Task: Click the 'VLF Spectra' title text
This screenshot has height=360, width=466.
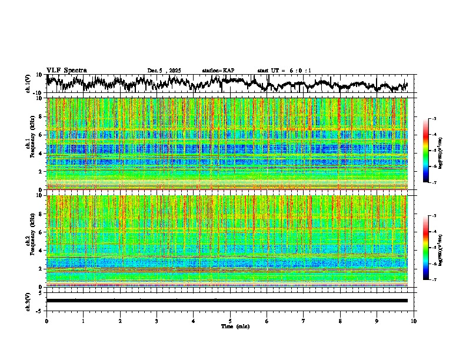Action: [66, 70]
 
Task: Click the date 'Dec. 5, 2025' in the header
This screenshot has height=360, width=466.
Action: [164, 71]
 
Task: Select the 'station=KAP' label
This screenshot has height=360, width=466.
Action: [218, 71]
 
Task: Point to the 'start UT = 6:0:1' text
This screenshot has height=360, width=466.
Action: [284, 71]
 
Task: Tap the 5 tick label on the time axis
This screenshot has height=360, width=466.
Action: [230, 321]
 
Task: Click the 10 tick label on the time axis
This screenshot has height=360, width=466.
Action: [414, 321]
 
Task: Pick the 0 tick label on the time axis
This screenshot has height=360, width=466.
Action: [46, 321]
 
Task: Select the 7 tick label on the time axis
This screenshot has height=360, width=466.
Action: [304, 321]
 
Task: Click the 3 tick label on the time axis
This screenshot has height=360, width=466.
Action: [157, 321]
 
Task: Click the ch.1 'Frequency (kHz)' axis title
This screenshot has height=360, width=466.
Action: [30, 144]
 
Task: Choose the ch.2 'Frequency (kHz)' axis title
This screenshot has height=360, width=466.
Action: [30, 241]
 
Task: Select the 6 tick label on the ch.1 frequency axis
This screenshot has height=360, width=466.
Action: [40, 135]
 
